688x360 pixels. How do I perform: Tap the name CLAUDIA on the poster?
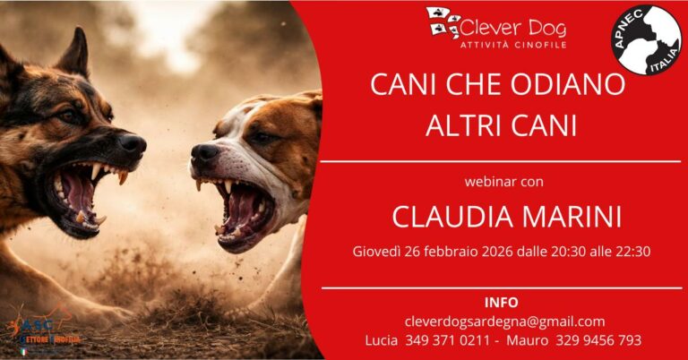(446, 218)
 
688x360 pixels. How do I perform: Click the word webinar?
(489, 182)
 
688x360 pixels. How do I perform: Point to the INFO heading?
(501, 302)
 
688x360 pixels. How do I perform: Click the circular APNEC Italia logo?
(646, 40)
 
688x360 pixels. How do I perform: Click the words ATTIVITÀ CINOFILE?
(512, 44)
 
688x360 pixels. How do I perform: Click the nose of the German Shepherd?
(133, 145)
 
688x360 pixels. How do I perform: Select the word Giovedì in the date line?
(376, 252)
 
